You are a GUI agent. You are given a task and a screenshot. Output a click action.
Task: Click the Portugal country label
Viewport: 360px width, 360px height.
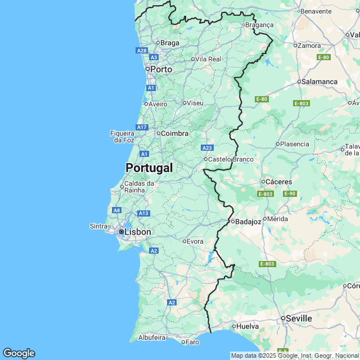pos(149,168)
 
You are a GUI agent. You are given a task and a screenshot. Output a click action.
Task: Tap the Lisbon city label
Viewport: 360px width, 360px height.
pos(137,232)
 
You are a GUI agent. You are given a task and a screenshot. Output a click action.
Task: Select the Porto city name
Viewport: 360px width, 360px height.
pos(161,69)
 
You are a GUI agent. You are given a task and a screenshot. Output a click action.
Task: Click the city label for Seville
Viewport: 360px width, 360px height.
pos(299,318)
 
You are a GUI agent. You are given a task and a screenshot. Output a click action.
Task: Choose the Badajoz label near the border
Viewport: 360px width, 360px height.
pos(249,222)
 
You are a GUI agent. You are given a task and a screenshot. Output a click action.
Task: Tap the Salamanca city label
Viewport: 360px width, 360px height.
pos(319,82)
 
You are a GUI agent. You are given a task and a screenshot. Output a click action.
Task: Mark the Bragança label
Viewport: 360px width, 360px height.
pos(260,25)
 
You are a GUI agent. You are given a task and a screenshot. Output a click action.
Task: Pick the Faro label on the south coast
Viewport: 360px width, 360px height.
pos(192,341)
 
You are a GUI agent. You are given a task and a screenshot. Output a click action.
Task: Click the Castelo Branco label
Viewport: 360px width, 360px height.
pos(231,159)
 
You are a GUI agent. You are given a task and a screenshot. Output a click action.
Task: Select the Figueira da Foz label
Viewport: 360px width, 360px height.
pos(123,136)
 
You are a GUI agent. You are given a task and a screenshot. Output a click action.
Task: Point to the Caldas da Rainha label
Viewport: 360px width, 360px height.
pos(139,187)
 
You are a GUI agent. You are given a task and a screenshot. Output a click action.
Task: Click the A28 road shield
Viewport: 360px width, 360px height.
pos(142,51)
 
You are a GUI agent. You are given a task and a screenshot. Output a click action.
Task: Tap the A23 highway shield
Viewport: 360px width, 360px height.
pos(207,148)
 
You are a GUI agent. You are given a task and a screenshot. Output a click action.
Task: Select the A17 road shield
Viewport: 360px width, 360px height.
pos(142,127)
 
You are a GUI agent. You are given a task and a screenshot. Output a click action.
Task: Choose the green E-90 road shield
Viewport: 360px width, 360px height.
pos(290,194)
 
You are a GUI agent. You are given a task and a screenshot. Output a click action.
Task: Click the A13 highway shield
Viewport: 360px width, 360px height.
pos(143,213)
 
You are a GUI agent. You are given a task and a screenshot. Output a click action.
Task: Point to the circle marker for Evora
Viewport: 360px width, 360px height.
pos(184,241)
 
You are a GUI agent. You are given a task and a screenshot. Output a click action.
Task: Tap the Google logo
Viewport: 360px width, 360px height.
pos(19,353)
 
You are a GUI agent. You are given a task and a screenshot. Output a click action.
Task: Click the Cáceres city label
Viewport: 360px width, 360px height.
pos(279,182)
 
